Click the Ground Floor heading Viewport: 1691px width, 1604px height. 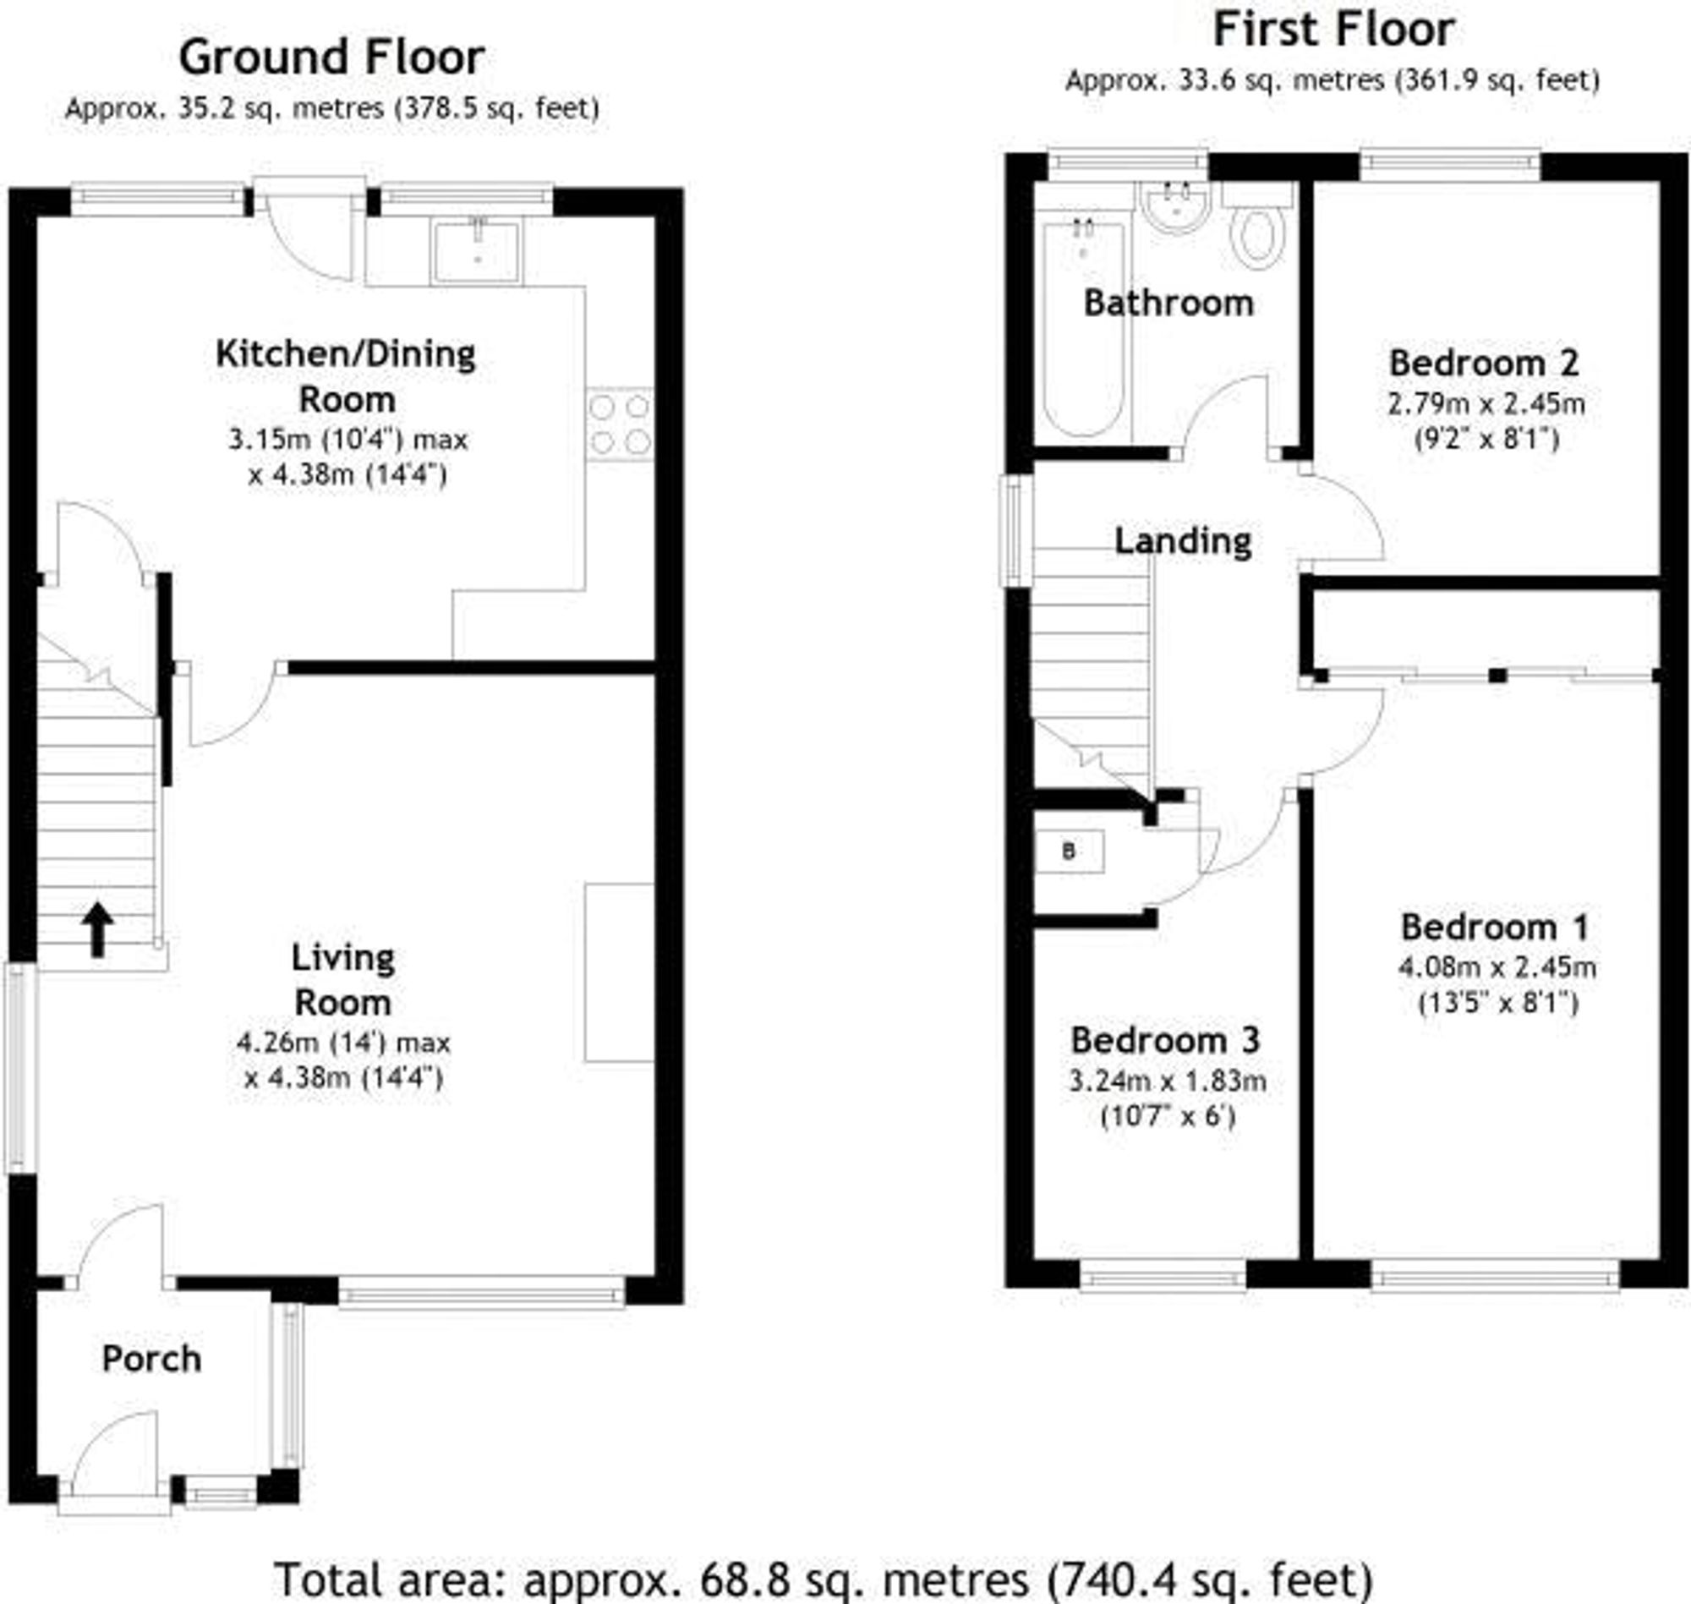pyautogui.click(x=331, y=58)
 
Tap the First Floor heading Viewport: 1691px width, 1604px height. pyautogui.click(x=1333, y=30)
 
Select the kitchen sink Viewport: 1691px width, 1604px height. pyautogui.click(x=476, y=251)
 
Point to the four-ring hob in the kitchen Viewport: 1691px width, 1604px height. pyautogui.click(x=620, y=425)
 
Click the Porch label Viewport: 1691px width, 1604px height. pyautogui.click(x=151, y=1359)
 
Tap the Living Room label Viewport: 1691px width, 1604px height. pyautogui.click(x=342, y=980)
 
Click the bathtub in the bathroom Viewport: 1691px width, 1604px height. pyautogui.click(x=1082, y=329)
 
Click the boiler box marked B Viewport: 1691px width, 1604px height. pyautogui.click(x=1069, y=851)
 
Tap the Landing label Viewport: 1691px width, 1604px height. pyautogui.click(x=1182, y=540)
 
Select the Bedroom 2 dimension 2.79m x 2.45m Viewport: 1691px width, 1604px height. pyautogui.click(x=1486, y=402)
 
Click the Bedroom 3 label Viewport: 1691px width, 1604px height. pyautogui.click(x=1164, y=1041)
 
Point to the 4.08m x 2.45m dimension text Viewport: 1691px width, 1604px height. pyautogui.click(x=1497, y=967)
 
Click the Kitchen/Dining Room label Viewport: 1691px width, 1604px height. pyautogui.click(x=345, y=376)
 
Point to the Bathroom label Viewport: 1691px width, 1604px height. pyautogui.click(x=1168, y=303)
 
